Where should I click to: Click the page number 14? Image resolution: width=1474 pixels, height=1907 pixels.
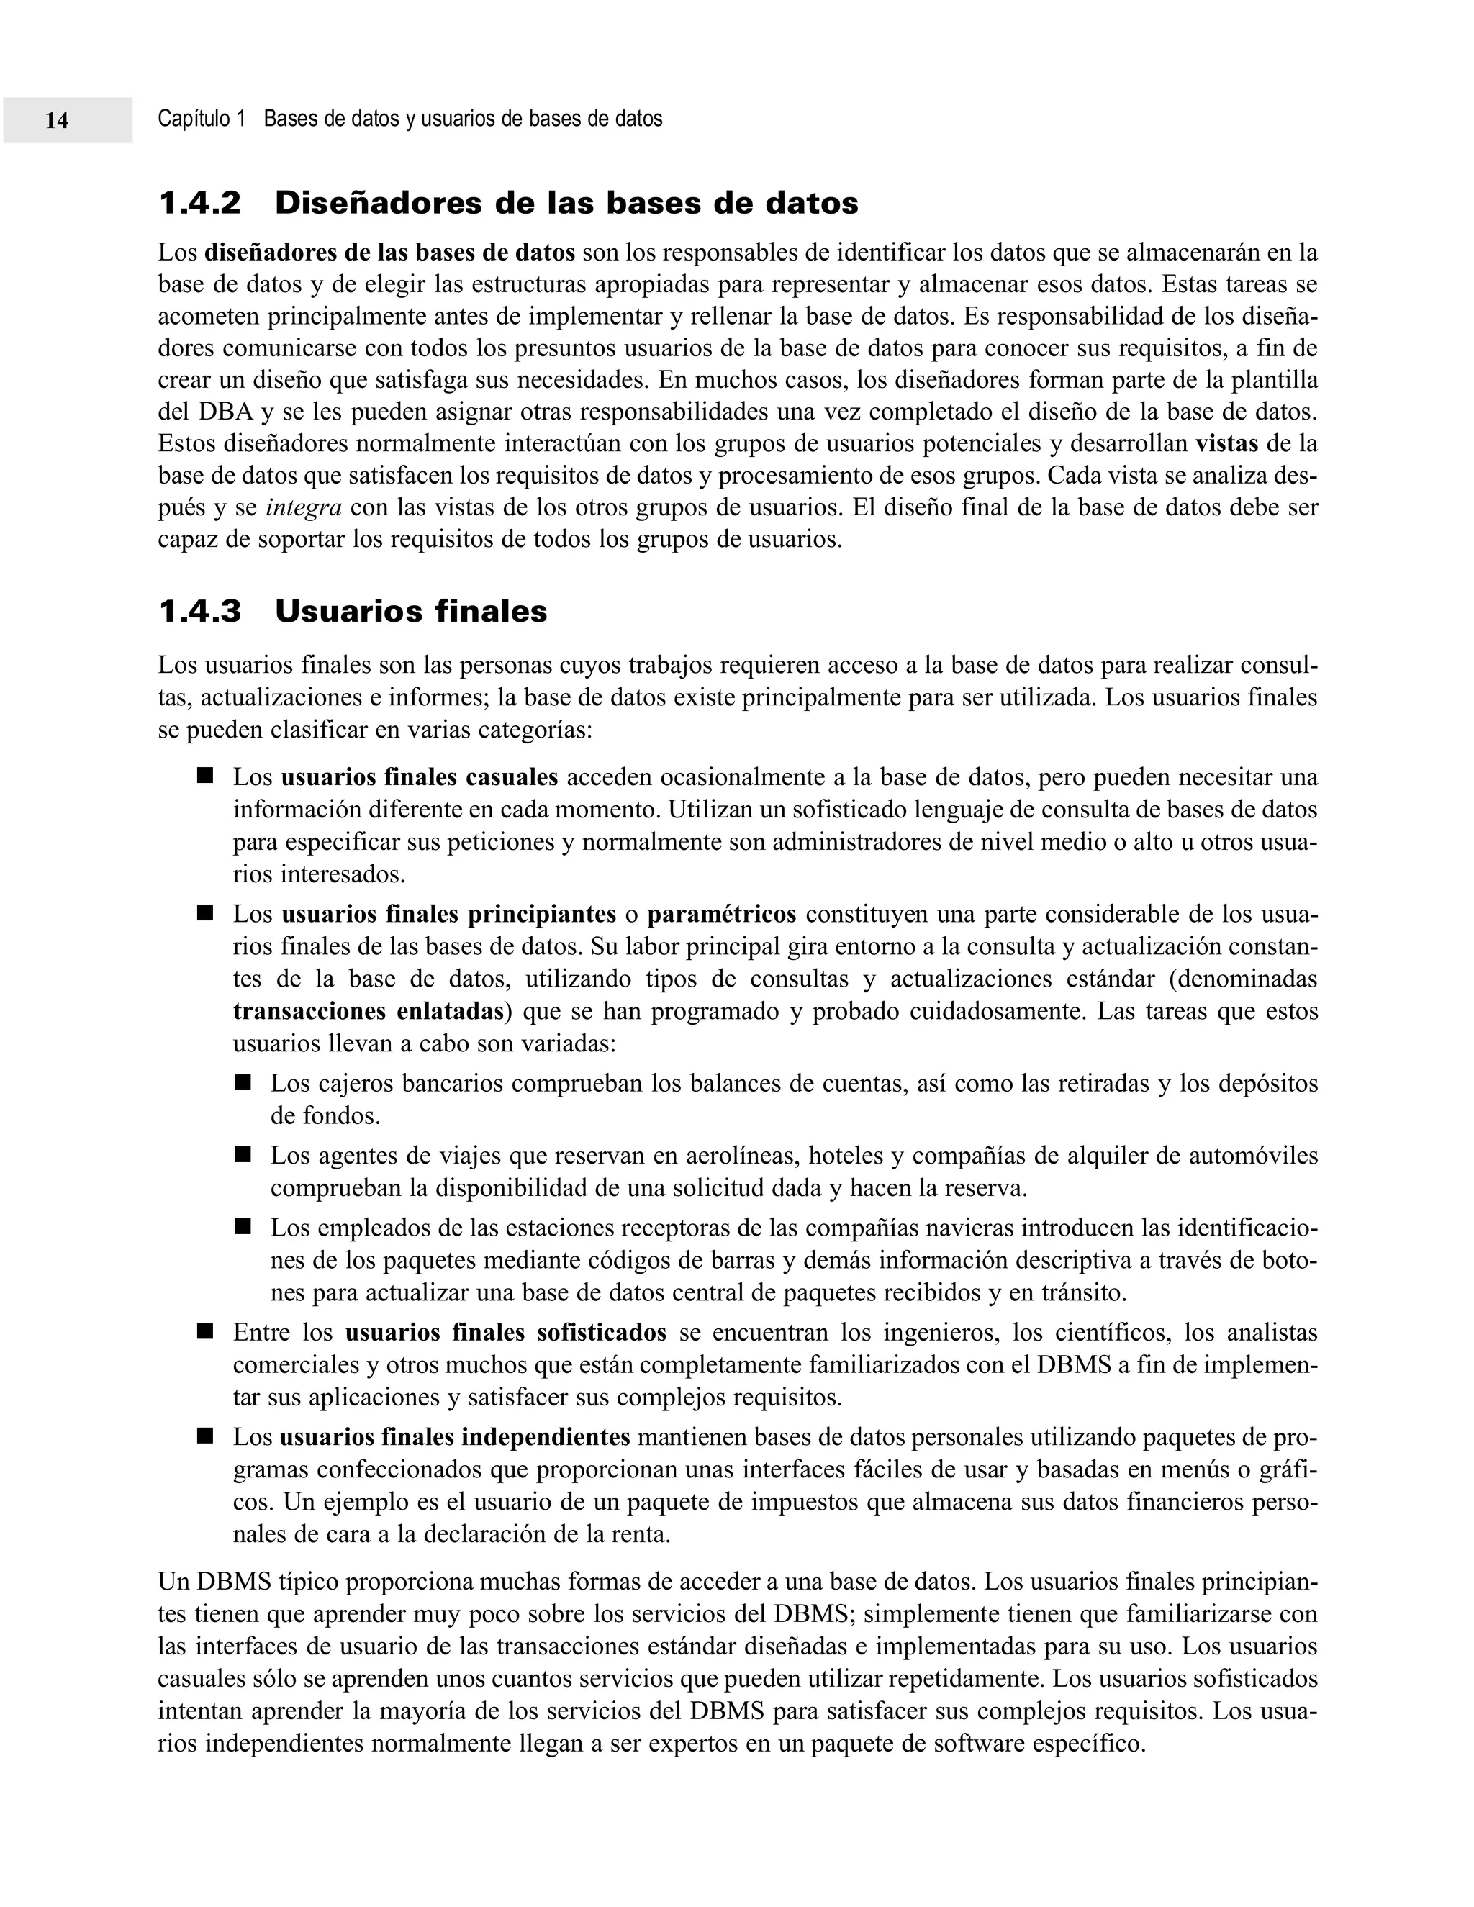point(57,120)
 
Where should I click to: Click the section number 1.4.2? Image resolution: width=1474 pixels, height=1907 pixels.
point(200,204)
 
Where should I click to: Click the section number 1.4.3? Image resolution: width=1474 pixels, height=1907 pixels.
point(200,611)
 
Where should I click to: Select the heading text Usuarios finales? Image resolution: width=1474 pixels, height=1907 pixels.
point(410,611)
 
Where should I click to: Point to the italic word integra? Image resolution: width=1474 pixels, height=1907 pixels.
point(303,507)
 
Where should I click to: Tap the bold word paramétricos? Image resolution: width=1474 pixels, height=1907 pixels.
point(721,914)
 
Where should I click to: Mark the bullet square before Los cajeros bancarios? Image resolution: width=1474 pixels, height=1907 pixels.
point(243,1083)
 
